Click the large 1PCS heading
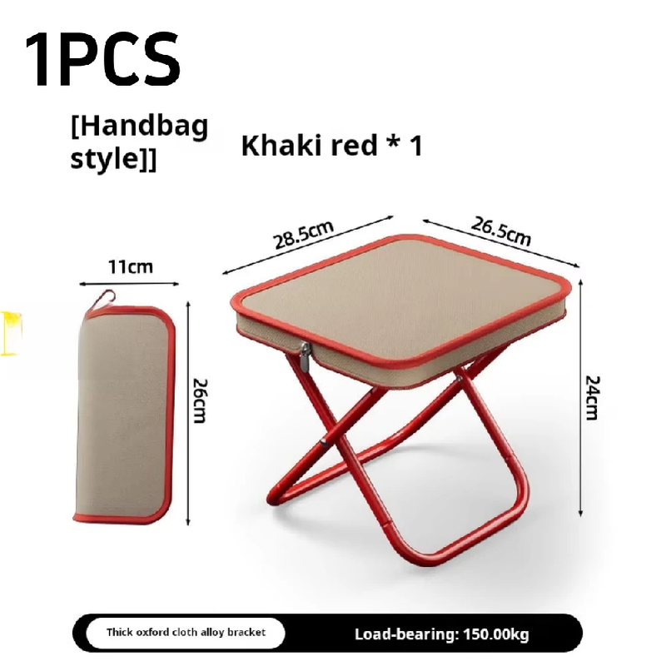(102, 58)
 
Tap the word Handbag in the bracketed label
(140, 127)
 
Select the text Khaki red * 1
(331, 145)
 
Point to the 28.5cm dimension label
(303, 235)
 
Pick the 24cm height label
(592, 398)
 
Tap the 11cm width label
(131, 267)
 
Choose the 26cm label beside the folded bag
(200, 400)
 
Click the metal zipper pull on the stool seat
(306, 357)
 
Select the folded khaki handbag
(123, 412)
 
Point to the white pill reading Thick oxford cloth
(186, 633)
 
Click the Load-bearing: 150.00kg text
(442, 634)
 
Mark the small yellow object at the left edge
(10, 333)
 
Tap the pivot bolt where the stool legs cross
(324, 442)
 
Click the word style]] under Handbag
(113, 159)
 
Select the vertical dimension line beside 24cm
(581, 398)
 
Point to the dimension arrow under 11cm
(129, 283)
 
